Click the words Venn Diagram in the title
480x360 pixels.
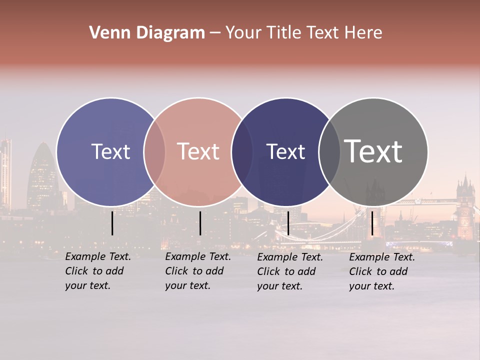pos(147,33)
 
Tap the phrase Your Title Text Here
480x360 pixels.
pos(303,33)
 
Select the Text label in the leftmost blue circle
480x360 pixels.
pos(110,151)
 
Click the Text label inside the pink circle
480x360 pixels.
pos(198,151)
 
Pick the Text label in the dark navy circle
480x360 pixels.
pos(285,151)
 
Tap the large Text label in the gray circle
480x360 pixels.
pos(373,151)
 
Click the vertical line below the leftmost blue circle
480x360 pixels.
pos(112,223)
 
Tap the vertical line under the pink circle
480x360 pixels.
pos(200,223)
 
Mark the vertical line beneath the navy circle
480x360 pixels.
pos(288,223)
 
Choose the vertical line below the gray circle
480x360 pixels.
pos(372,223)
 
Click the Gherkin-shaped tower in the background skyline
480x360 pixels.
pos(42,175)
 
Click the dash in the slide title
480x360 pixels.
pos(215,33)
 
